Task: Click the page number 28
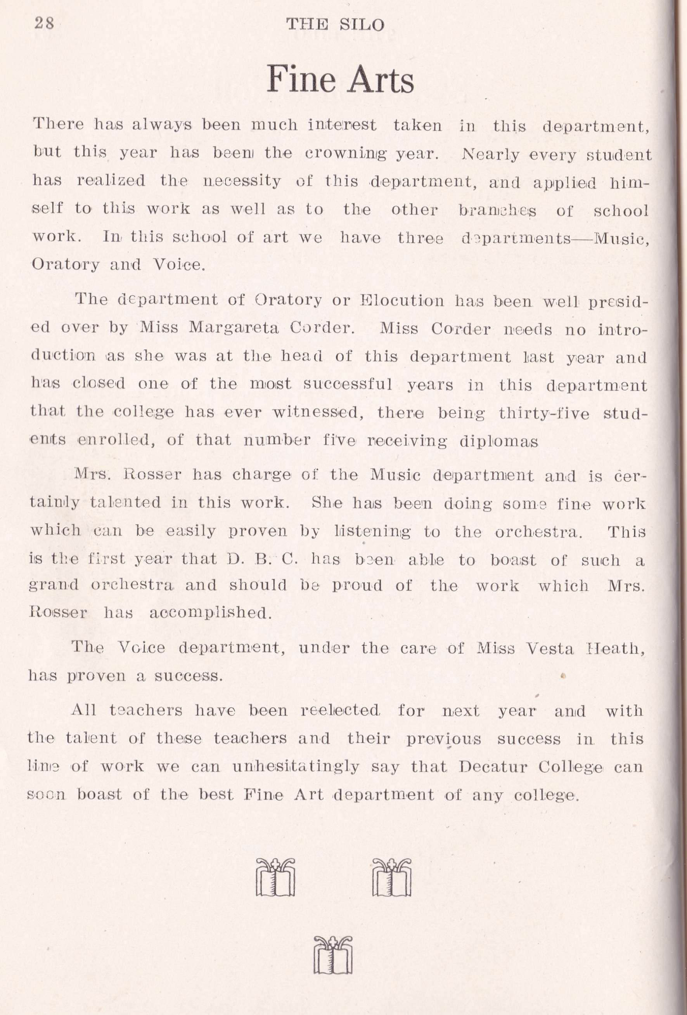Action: point(44,23)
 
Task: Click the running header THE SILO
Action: point(335,24)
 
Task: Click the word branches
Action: point(497,210)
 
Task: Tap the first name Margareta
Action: point(234,328)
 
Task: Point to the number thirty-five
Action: point(543,413)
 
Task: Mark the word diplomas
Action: point(499,441)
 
